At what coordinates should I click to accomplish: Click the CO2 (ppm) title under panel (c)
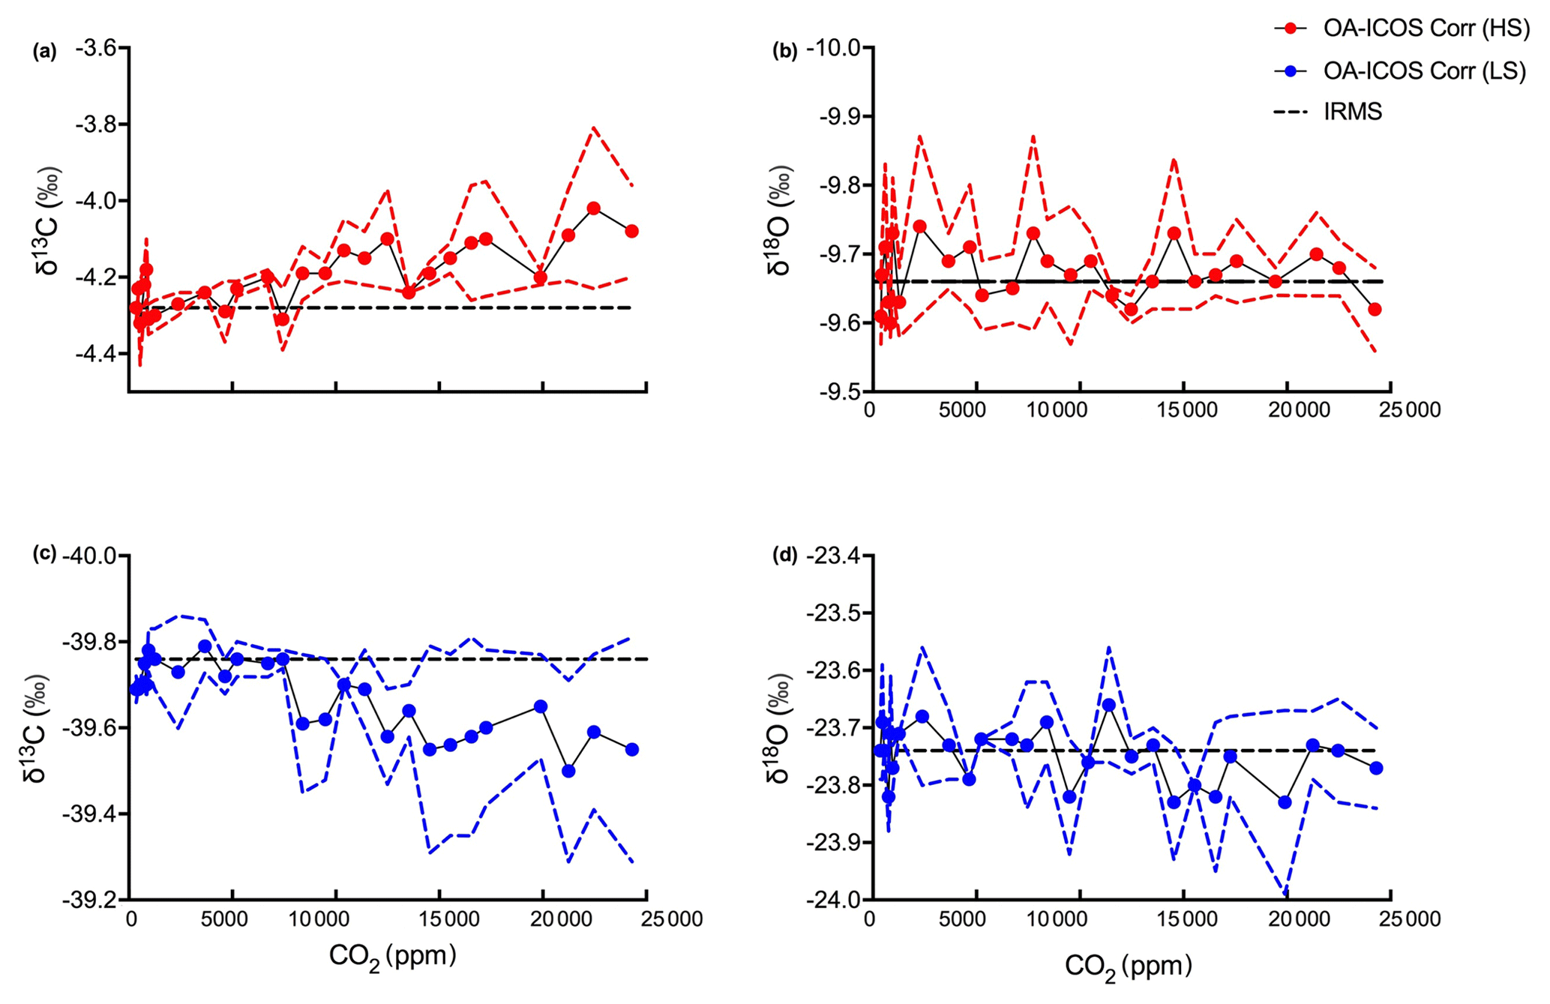tap(392, 956)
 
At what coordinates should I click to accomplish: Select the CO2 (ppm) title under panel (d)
tap(1128, 967)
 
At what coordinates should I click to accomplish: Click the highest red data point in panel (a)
tap(594, 208)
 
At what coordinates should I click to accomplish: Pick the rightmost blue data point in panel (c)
tap(631, 749)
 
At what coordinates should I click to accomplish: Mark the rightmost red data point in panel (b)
tap(1375, 309)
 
